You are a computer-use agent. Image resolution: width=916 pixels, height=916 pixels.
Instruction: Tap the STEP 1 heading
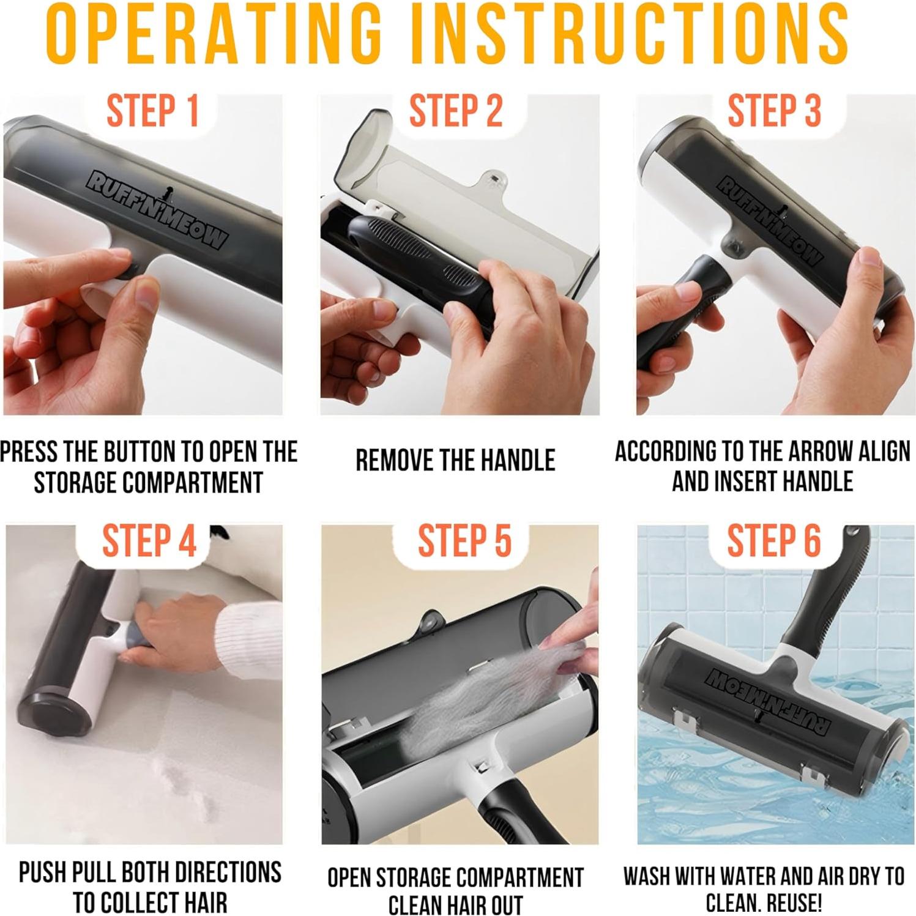pyautogui.click(x=152, y=111)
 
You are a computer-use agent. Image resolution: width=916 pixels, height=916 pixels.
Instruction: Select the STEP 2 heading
pyautogui.click(x=456, y=111)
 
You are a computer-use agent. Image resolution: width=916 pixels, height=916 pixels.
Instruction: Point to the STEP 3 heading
pyautogui.click(x=773, y=111)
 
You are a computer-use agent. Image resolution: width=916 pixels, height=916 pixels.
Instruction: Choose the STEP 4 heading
pyautogui.click(x=149, y=541)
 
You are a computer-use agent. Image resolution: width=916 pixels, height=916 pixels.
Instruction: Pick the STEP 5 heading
pyautogui.click(x=464, y=541)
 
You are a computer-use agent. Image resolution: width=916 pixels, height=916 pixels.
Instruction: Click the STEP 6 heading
pyautogui.click(x=773, y=541)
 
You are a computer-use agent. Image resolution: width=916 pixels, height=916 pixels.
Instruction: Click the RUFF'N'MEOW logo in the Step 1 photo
pyautogui.click(x=157, y=210)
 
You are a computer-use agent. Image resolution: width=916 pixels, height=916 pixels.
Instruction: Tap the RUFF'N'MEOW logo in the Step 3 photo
pyautogui.click(x=769, y=220)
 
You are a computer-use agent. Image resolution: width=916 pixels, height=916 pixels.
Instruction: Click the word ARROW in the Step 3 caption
pyautogui.click(x=820, y=452)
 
